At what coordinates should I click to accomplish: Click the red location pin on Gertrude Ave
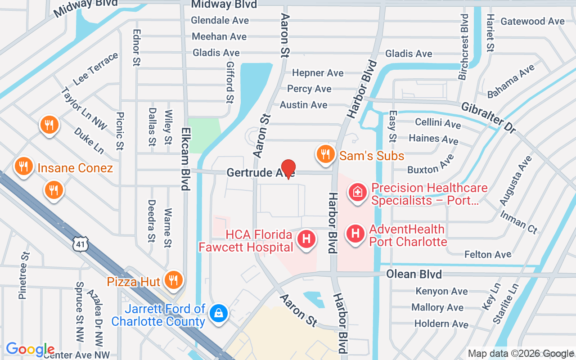(x=288, y=168)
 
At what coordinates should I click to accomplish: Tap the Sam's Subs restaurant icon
(x=324, y=154)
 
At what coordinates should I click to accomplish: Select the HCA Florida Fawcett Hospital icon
(x=307, y=238)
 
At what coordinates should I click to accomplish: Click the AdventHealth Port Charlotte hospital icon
(x=355, y=234)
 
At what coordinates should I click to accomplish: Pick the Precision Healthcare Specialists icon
(x=358, y=192)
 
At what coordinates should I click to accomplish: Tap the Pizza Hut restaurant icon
(x=172, y=280)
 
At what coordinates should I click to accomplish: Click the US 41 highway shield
(x=80, y=244)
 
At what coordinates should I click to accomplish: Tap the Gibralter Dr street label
(x=488, y=117)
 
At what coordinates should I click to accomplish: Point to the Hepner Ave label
(x=318, y=73)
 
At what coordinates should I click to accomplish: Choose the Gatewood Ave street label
(x=532, y=21)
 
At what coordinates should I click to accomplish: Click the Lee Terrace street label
(x=95, y=69)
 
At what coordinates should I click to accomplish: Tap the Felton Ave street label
(x=488, y=255)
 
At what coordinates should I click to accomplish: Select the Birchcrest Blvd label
(x=463, y=47)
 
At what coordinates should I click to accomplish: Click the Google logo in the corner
(x=30, y=349)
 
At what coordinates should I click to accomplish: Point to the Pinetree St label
(x=24, y=275)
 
